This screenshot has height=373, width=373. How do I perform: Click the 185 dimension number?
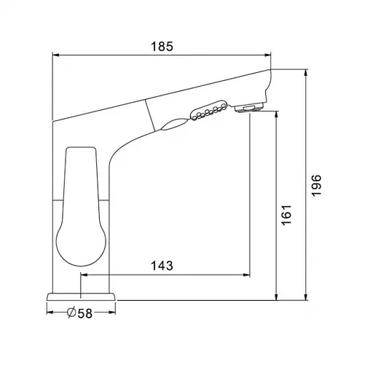pyautogui.click(x=162, y=47)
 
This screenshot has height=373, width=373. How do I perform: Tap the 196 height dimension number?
pyautogui.click(x=316, y=185)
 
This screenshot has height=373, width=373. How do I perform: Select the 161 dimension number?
pyautogui.click(x=286, y=215)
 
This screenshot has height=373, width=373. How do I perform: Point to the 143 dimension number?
pyautogui.click(x=162, y=266)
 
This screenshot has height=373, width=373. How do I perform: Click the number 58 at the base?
pyautogui.click(x=85, y=313)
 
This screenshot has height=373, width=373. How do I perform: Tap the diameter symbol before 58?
pyautogui.click(x=71, y=313)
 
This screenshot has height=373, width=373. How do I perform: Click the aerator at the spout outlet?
pyautogui.click(x=249, y=107)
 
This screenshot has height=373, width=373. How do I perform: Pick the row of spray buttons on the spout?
pyautogui.click(x=209, y=110)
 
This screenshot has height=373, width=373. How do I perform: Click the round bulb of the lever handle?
pyautogui.click(x=81, y=243)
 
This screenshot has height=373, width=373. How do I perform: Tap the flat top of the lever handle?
pyautogui.click(x=80, y=147)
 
